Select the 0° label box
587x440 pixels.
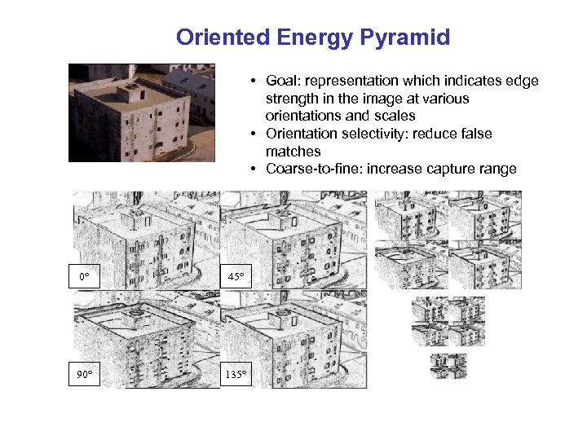pyautogui.click(x=84, y=277)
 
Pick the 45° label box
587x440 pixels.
pyautogui.click(x=235, y=277)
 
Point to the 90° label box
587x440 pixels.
pyautogui.click(x=84, y=375)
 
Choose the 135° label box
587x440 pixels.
pyautogui.click(x=237, y=375)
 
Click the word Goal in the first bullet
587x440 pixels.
pyautogui.click(x=280, y=81)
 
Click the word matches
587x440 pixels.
pyautogui.click(x=293, y=152)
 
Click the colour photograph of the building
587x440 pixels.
pyautogui.click(x=141, y=112)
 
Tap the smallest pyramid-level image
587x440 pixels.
pyautogui.click(x=448, y=367)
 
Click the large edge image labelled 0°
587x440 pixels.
pyautogui.click(x=145, y=236)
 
